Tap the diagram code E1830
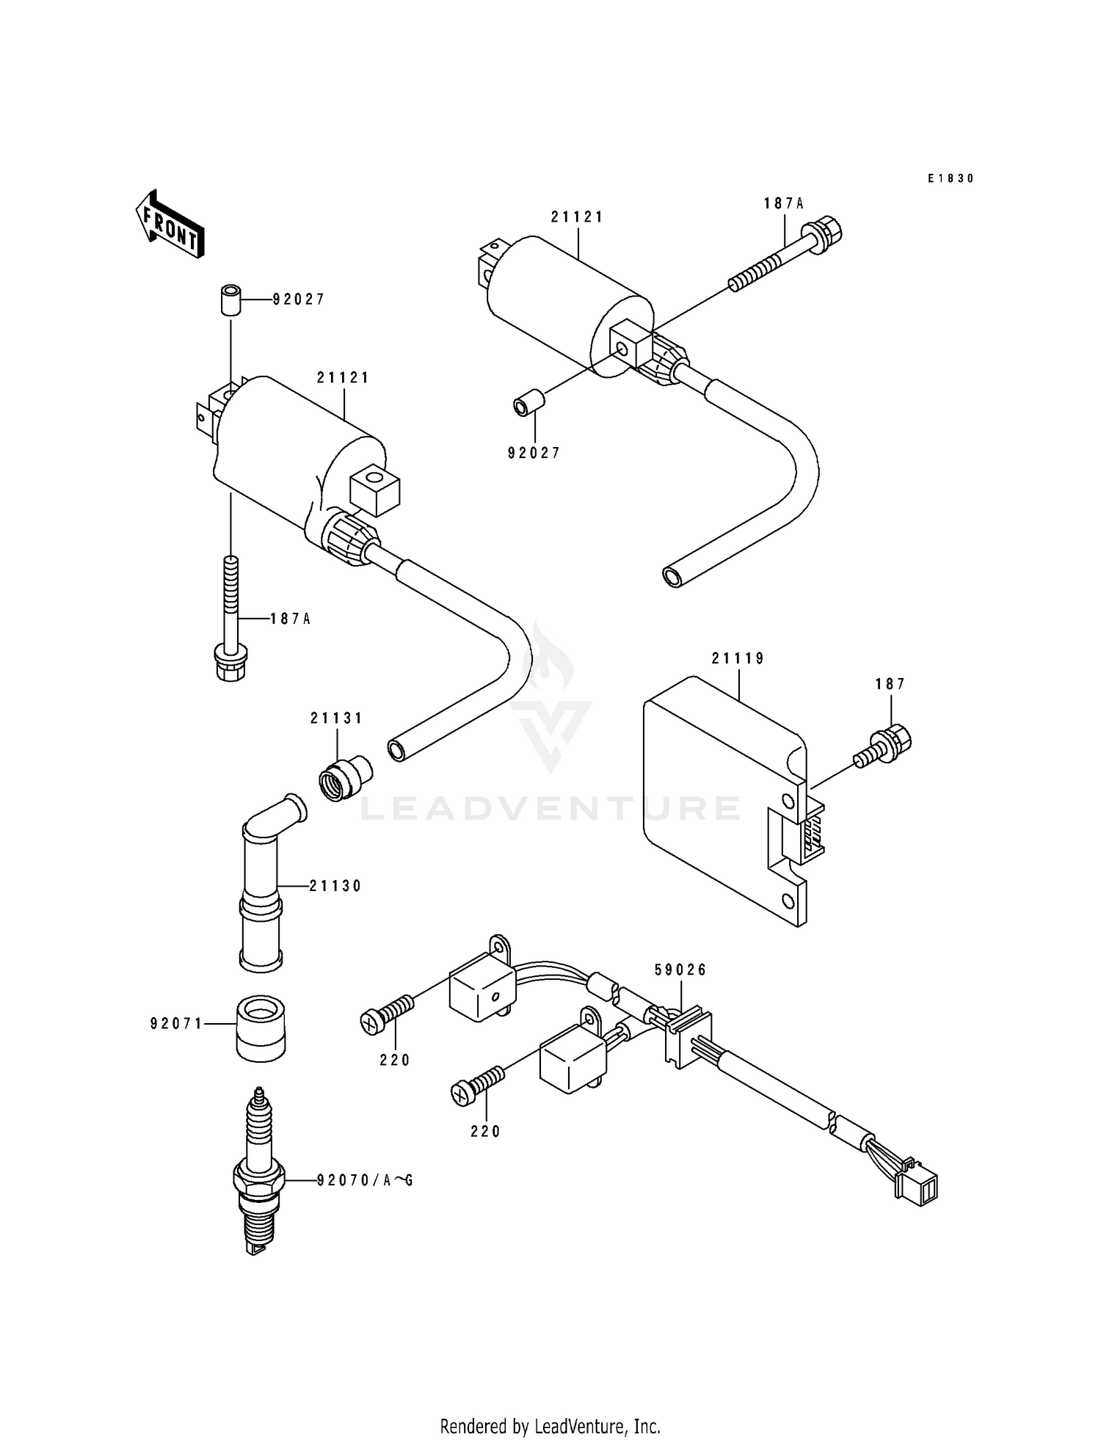[950, 178]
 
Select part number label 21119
[738, 658]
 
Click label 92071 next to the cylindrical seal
[176, 1023]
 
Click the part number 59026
[680, 970]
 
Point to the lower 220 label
[485, 1131]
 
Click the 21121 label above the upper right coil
[577, 217]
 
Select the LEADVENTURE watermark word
[550, 808]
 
